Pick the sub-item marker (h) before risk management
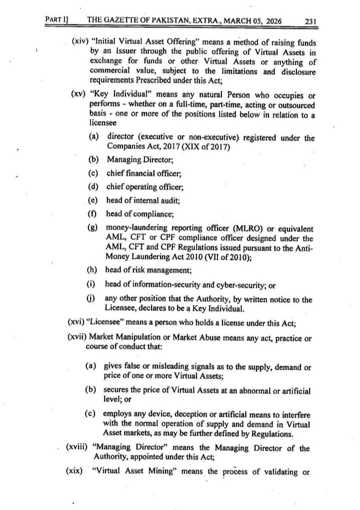coord(92,270)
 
